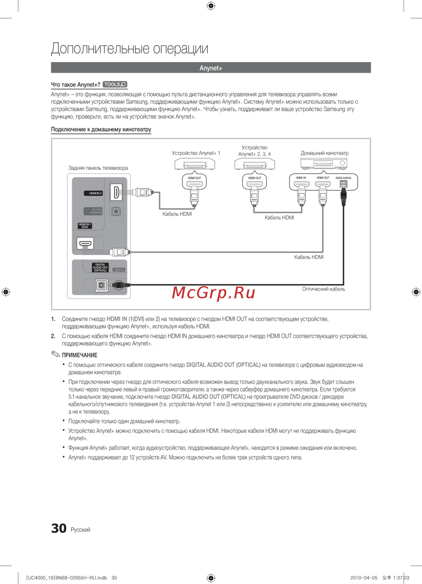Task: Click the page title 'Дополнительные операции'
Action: click(130, 49)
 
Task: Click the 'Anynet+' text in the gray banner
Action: click(211, 68)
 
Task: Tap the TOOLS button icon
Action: click(115, 84)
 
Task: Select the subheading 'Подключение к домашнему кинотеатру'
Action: click(101, 130)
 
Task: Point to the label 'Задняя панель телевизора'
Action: click(98, 168)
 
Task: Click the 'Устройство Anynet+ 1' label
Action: click(196, 153)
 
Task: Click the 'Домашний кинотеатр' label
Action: click(325, 153)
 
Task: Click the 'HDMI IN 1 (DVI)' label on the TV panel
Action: click(85, 226)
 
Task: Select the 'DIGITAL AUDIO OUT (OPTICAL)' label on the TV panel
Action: click(100, 268)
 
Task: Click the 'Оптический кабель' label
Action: click(323, 289)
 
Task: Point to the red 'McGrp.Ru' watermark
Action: click(214, 292)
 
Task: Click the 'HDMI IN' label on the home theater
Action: click(301, 178)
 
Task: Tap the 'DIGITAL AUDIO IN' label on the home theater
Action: click(343, 178)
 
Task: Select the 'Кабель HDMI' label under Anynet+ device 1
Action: click(177, 214)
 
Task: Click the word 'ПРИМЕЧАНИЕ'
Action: click(79, 355)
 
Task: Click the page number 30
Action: click(59, 529)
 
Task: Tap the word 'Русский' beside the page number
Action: click(80, 530)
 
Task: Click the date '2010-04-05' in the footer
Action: click(364, 578)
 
